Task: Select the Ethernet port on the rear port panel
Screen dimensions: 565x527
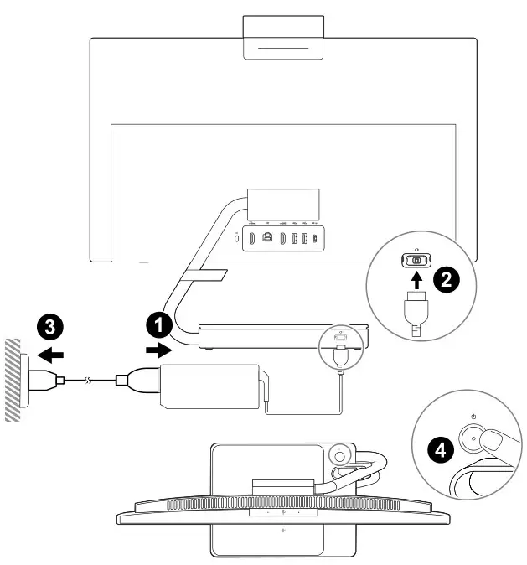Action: (267, 238)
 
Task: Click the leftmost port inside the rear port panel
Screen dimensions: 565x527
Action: (253, 238)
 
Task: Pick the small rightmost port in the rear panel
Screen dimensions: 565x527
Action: (314, 238)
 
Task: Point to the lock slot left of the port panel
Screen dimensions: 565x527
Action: (237, 239)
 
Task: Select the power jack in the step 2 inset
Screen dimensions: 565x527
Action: (416, 261)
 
